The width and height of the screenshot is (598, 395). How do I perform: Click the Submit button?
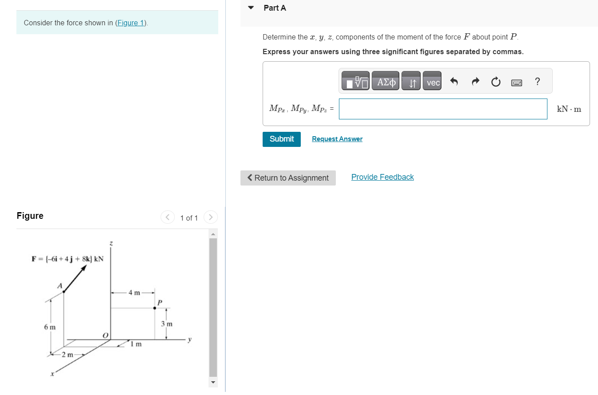coord(281,139)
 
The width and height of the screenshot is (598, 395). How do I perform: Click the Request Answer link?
coord(337,139)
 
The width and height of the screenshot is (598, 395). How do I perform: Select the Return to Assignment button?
coord(288,178)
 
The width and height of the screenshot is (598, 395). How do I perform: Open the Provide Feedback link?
coord(382,177)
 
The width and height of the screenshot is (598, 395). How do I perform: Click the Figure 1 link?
coord(130,23)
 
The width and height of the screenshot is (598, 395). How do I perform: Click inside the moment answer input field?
coord(443,109)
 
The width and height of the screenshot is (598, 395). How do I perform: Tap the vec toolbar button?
coord(432,82)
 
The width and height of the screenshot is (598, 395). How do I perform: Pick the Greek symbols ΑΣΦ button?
coord(386,82)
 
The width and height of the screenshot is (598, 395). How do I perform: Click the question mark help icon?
coord(537,82)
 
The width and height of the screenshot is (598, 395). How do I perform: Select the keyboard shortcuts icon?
coord(516,83)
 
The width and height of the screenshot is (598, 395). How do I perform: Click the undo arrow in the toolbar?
coord(453,82)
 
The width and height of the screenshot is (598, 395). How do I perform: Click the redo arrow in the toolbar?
coord(475,82)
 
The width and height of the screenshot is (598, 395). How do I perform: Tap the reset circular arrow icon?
coord(496,82)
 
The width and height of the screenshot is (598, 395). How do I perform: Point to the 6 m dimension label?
coord(50,327)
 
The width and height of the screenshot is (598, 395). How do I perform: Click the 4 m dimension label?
coord(134,292)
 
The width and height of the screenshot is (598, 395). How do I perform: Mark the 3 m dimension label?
coord(166,324)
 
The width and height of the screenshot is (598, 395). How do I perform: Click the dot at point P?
coord(154,308)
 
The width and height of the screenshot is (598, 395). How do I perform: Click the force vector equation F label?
coord(67,259)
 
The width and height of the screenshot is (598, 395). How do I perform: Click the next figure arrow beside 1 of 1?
coord(211,217)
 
